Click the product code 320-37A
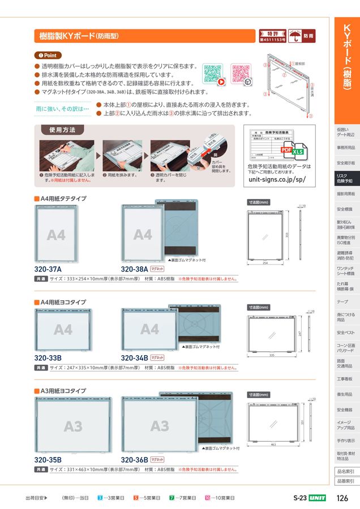48,269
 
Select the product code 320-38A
134,269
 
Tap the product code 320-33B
48,357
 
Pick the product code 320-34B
134,357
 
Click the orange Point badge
47,55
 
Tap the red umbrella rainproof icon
295,36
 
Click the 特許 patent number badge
272,36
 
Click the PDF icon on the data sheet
288,150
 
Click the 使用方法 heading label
58,130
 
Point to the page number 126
342,498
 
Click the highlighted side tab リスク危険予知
345,178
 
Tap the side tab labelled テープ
342,302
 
